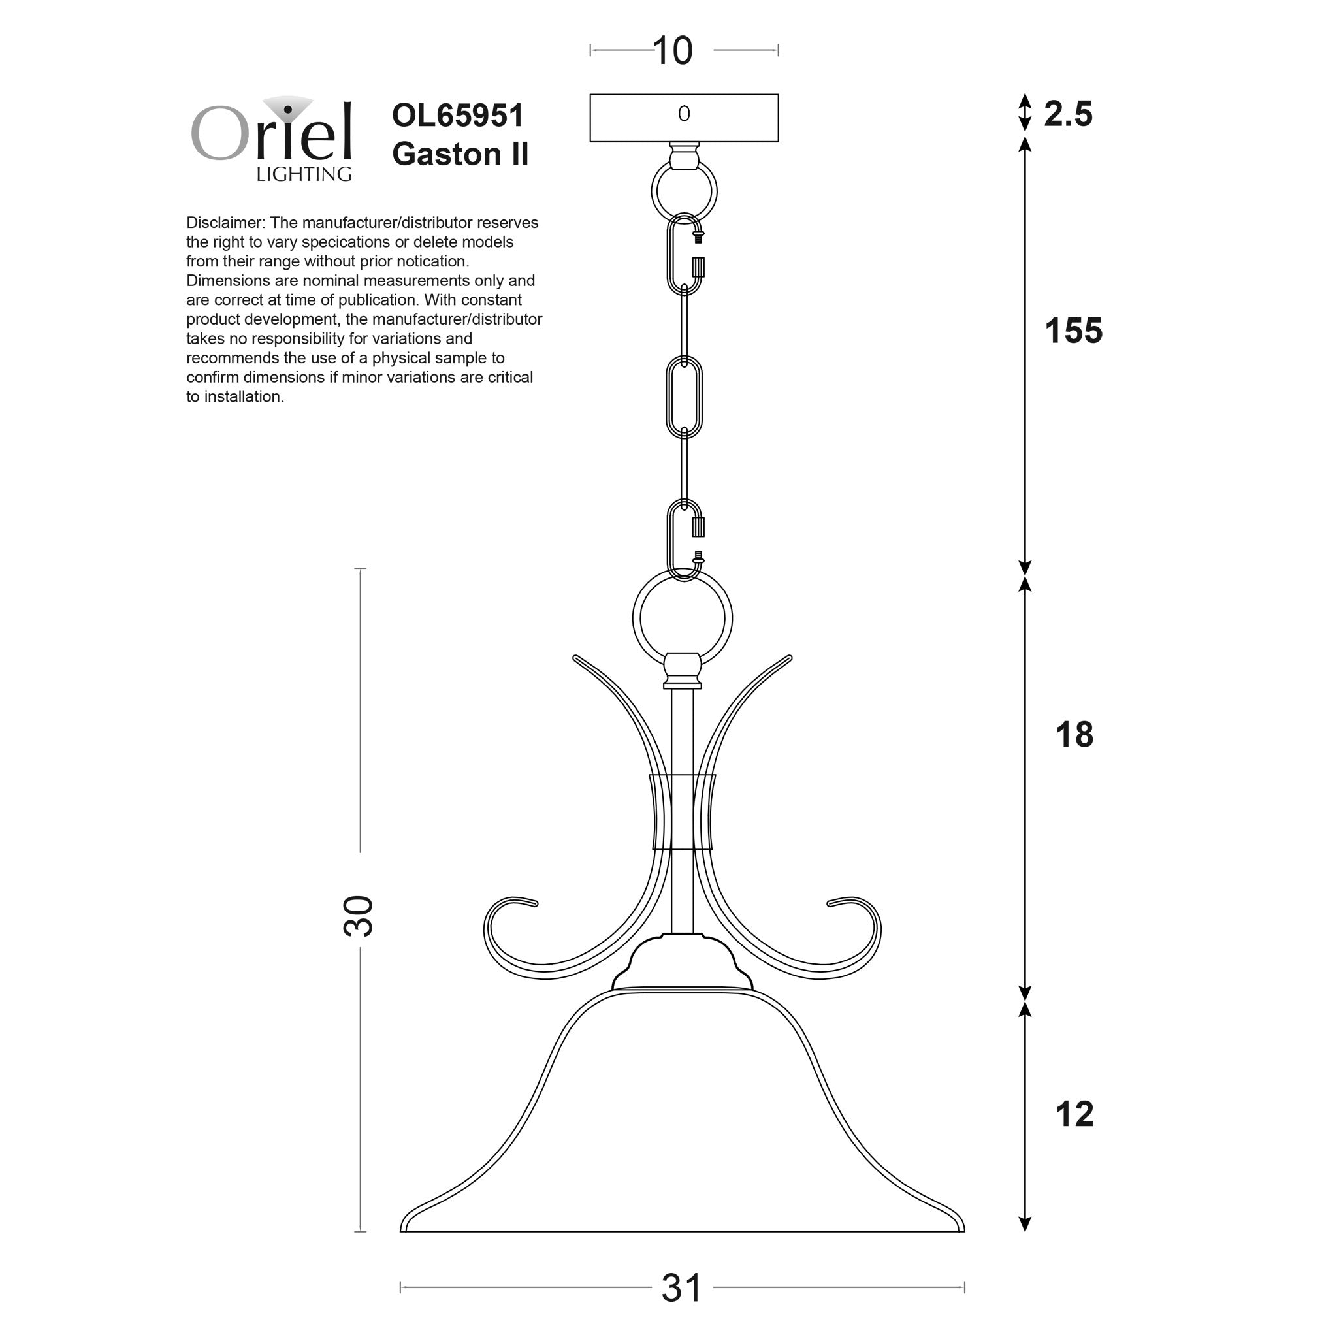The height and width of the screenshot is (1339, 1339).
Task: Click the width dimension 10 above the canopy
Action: (672, 50)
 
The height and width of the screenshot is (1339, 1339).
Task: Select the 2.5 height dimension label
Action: (1067, 114)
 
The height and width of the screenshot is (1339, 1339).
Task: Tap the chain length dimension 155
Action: (1073, 331)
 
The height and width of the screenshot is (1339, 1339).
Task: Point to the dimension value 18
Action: (1074, 735)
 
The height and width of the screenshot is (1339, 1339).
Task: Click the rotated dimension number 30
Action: (359, 916)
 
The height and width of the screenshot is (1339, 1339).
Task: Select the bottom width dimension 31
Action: (681, 1287)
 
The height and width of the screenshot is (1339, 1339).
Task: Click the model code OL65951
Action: (457, 115)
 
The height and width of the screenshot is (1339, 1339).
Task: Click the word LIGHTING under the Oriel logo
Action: (304, 174)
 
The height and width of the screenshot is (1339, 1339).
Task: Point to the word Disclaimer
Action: (224, 223)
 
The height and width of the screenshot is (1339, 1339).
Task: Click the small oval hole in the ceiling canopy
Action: (684, 114)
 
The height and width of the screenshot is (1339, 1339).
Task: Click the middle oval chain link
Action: (684, 398)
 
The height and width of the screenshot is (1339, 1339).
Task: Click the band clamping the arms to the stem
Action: (682, 811)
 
